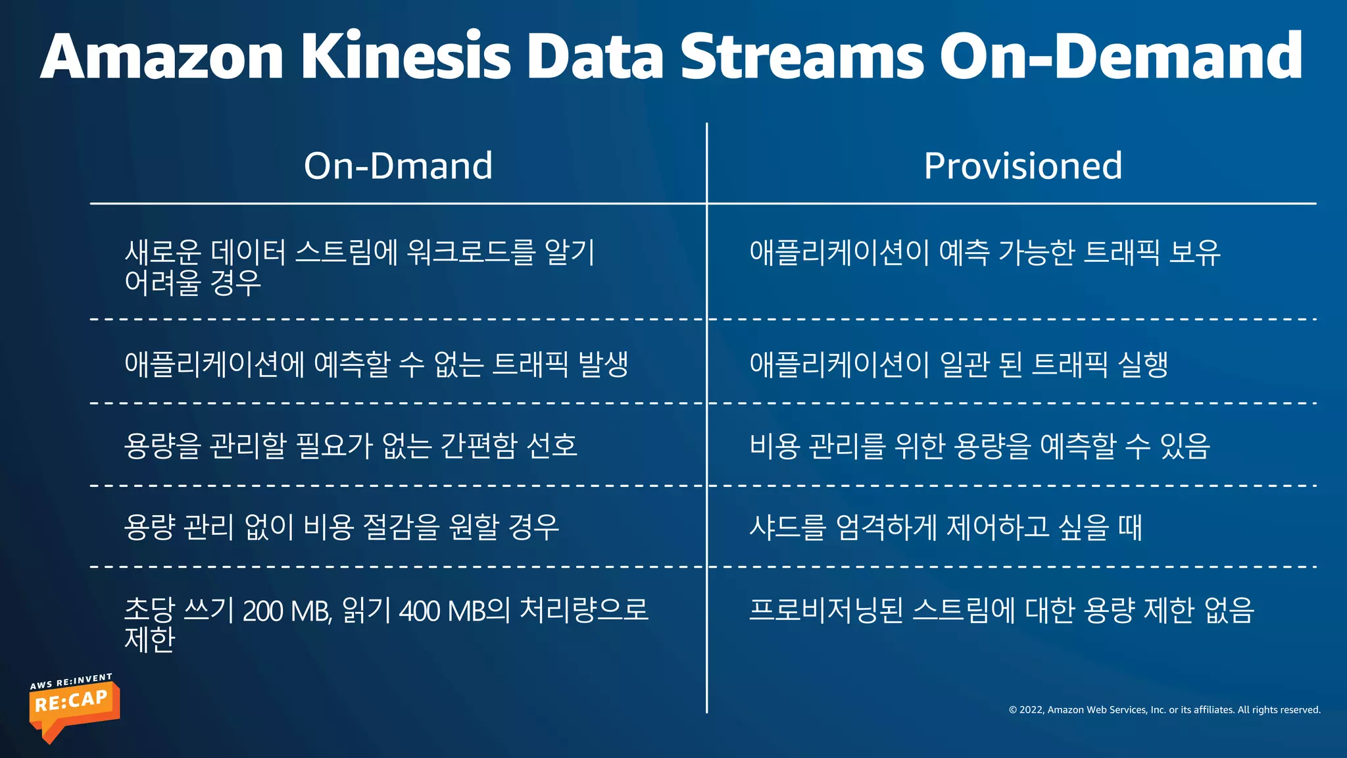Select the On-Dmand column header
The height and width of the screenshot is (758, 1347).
(x=398, y=166)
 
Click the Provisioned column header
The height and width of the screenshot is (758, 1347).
(x=1023, y=166)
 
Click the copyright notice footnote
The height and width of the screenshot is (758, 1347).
(x=1164, y=710)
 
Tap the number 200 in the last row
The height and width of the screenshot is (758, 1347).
(x=264, y=611)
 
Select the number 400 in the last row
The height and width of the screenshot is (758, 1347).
(x=420, y=611)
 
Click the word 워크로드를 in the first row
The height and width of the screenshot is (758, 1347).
(x=471, y=252)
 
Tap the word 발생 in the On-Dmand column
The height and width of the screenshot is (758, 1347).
(x=602, y=364)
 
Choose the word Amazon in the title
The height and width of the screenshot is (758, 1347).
(x=162, y=57)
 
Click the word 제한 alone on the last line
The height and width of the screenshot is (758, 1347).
(x=150, y=639)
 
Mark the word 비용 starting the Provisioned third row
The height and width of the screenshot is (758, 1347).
(x=774, y=445)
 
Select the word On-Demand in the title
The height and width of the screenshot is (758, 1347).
(x=1121, y=57)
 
